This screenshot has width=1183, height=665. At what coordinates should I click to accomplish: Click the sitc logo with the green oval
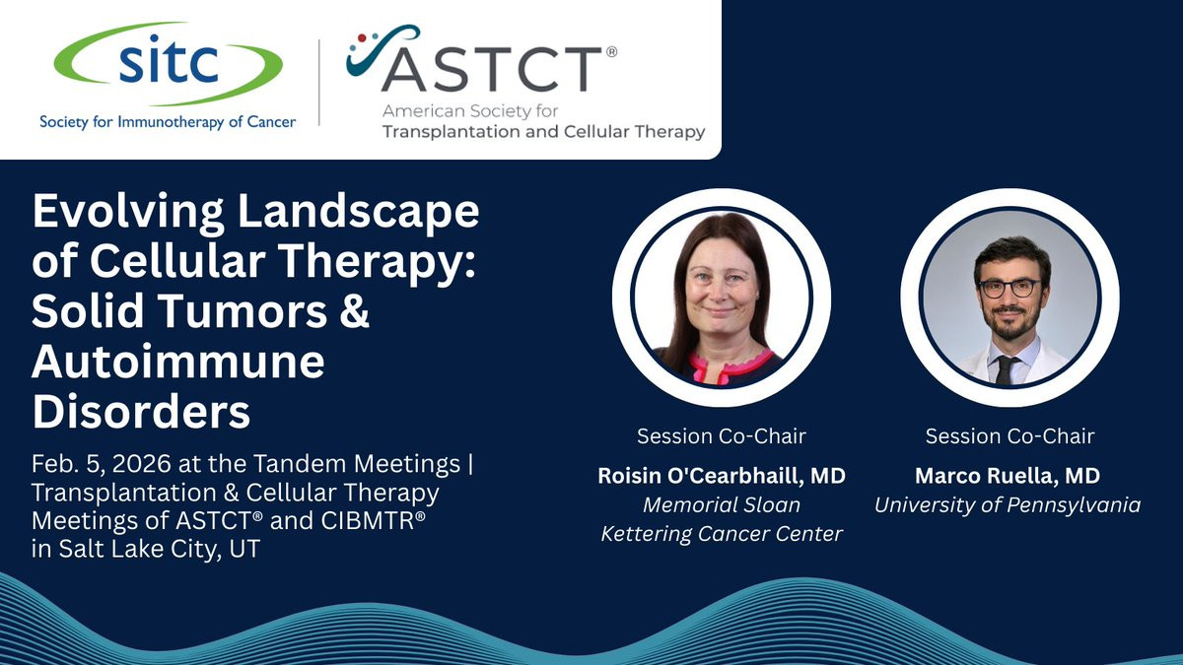point(168,63)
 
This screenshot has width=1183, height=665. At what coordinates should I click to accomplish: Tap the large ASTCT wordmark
point(491,69)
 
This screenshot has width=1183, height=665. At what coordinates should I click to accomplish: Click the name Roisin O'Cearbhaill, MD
point(722,476)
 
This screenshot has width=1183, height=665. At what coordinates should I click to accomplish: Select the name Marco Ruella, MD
point(1008,476)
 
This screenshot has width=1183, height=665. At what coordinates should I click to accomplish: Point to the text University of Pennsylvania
point(1008,505)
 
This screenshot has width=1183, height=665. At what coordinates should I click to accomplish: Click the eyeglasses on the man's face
point(1009,289)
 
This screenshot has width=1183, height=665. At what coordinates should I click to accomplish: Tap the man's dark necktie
point(1005,369)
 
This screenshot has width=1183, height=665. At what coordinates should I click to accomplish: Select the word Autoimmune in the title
point(178,363)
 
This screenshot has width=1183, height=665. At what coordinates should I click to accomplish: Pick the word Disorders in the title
point(141,412)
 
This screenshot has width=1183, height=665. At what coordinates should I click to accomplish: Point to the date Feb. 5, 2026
point(101,464)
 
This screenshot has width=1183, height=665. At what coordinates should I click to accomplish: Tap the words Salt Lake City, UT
point(160,549)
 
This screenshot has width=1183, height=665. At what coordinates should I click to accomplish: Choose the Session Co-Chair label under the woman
point(722,436)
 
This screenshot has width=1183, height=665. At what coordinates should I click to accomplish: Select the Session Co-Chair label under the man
point(1009,436)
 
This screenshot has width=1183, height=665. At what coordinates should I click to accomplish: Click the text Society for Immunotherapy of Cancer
point(168,122)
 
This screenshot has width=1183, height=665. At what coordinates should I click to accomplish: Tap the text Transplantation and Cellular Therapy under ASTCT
point(544,132)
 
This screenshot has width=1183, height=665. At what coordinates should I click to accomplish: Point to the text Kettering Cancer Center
point(722,534)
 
